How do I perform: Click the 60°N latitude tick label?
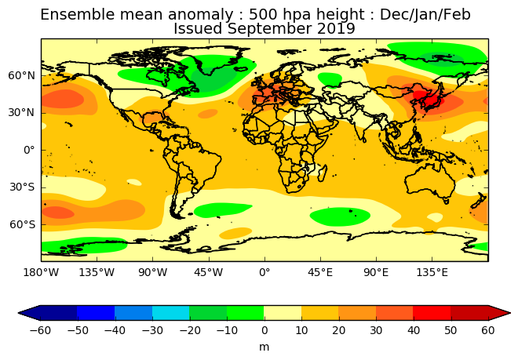[22, 75]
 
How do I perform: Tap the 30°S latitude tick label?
[22, 187]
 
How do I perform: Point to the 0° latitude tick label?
[29, 150]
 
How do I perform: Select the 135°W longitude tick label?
[97, 273]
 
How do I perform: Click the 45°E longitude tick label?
[320, 273]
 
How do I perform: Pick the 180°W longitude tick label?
[41, 273]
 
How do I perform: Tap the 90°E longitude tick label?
[376, 273]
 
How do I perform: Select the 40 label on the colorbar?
[414, 330]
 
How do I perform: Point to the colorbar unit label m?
[264, 346]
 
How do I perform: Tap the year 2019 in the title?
[334, 29]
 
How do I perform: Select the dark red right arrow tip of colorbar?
[500, 313]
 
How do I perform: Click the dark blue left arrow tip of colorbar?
[29, 313]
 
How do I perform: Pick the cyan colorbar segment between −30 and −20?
[170, 313]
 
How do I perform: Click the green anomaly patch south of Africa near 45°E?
[340, 216]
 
